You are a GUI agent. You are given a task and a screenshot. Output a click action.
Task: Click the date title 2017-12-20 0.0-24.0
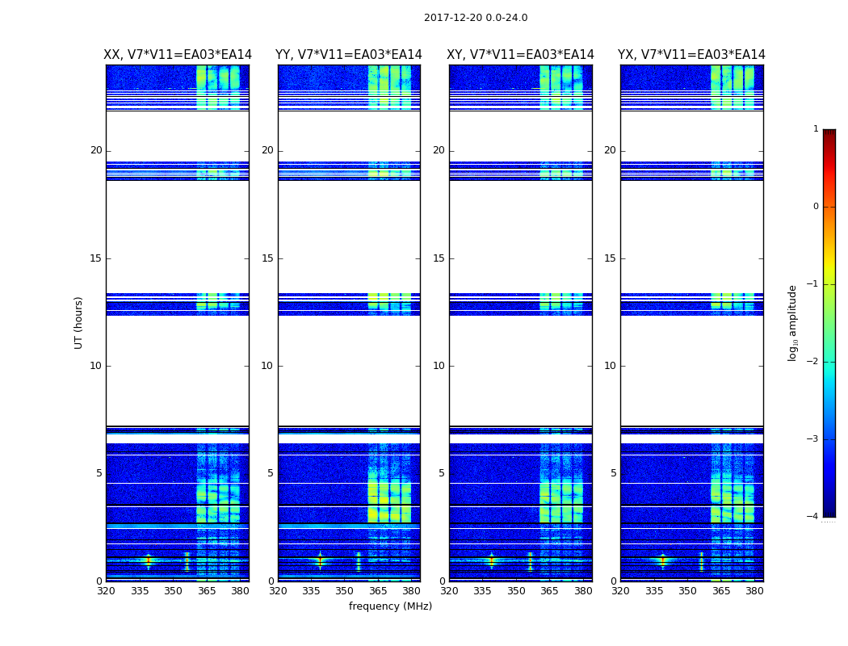[476, 18]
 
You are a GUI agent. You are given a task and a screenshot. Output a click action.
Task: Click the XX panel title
[178, 55]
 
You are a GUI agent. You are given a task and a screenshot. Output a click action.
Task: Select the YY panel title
[349, 55]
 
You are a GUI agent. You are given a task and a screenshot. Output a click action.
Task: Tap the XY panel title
[521, 55]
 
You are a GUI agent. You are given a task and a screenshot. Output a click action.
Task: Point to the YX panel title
[691, 55]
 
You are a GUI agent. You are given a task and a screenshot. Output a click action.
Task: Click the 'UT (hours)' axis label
[79, 322]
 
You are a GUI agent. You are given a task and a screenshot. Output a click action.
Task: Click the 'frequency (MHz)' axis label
[390, 606]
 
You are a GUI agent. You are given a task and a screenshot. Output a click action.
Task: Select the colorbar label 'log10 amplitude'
[793, 322]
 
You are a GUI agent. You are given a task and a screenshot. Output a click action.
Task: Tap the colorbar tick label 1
[816, 129]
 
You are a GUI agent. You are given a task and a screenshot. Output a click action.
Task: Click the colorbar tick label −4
[813, 517]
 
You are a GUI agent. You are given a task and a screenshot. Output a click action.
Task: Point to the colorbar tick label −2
[813, 362]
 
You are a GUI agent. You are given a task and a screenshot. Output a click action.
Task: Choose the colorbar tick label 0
[816, 207]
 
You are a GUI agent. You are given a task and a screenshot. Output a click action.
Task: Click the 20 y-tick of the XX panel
[96, 150]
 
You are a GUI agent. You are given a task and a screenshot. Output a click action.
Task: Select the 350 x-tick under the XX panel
[173, 591]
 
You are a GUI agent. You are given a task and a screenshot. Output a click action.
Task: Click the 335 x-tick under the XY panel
[483, 591]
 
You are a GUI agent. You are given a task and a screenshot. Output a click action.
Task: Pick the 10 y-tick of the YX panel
[610, 366]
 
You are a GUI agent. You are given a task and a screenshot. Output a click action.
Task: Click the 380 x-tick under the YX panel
[754, 591]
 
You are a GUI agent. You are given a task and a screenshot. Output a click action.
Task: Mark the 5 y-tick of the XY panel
[442, 473]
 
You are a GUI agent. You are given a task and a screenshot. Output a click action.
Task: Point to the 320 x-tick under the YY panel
[278, 591]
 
